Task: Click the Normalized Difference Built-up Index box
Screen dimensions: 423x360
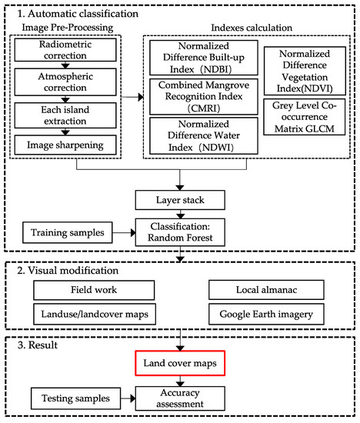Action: point(197,60)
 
